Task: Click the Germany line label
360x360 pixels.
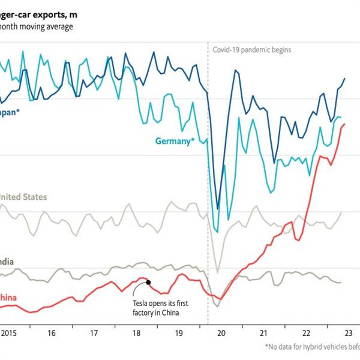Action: pyautogui.click(x=175, y=142)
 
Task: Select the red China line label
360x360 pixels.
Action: pyautogui.click(x=8, y=298)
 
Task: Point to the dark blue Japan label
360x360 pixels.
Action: pyautogui.click(x=9, y=112)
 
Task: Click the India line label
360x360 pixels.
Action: pyautogui.click(x=7, y=262)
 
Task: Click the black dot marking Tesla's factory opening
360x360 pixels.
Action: pyautogui.click(x=148, y=282)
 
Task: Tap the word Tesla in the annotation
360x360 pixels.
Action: pyautogui.click(x=142, y=303)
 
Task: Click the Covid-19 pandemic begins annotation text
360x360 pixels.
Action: pyautogui.click(x=252, y=50)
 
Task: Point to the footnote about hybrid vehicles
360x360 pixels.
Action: pyautogui.click(x=312, y=347)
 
